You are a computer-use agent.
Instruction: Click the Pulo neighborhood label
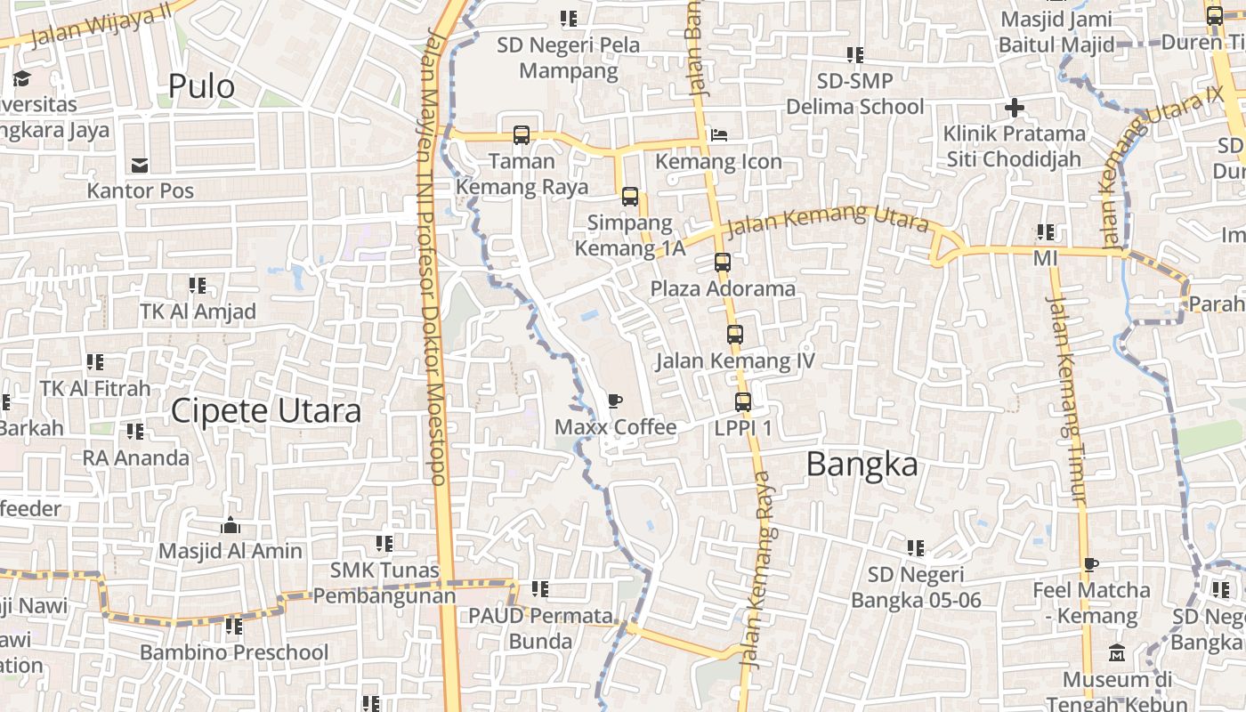tap(201, 86)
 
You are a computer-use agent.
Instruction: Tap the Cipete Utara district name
tap(265, 411)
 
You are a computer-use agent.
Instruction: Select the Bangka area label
tap(862, 465)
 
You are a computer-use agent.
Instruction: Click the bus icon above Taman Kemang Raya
tap(522, 135)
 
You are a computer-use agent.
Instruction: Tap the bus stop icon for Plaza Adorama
tap(723, 263)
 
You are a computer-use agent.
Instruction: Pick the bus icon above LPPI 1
tap(743, 402)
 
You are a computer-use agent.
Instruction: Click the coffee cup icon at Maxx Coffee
tap(615, 400)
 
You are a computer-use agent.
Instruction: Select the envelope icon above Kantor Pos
tap(140, 165)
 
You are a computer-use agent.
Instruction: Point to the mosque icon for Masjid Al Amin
tap(231, 525)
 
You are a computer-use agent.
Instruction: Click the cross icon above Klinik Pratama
tap(1015, 109)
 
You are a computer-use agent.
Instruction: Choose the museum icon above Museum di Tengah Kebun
tap(1117, 654)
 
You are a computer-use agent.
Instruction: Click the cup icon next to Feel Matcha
tap(1091, 563)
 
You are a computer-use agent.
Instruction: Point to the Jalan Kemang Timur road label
tap(1065, 400)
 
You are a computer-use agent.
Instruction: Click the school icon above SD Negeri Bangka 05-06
tap(916, 548)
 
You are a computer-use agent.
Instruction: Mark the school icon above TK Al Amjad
tap(198, 286)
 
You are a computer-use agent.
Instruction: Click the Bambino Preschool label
tap(234, 652)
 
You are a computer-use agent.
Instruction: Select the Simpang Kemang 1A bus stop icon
tap(630, 197)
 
